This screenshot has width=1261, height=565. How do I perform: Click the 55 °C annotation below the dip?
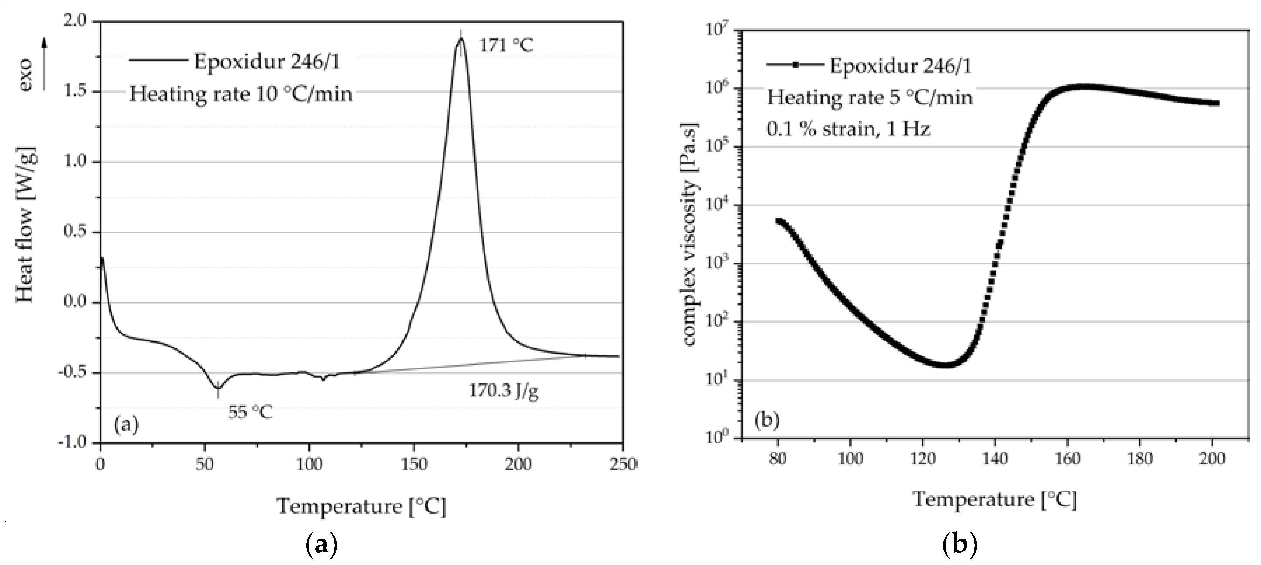coord(250,412)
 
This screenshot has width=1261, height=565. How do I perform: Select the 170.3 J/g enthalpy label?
coord(504,391)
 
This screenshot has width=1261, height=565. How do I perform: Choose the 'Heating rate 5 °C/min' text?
coord(870,97)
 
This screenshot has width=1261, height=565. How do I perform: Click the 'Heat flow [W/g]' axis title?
coord(26,224)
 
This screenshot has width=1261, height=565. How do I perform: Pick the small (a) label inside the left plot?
coord(126,424)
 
